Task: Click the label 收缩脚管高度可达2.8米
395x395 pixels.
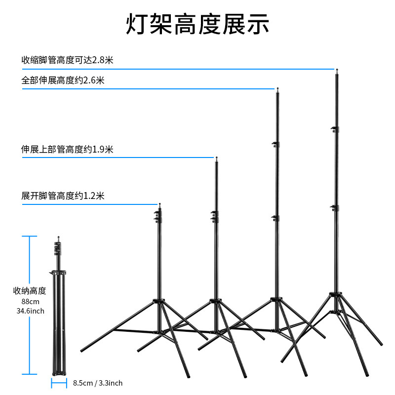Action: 68,60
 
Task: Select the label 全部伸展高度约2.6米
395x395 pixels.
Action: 63,80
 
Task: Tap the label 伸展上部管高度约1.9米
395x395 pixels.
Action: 68,149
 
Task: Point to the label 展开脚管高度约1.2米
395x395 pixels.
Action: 63,196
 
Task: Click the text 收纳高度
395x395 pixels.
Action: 30,290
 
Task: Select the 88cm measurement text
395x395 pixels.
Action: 30,301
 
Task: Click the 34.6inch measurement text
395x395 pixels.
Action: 30,311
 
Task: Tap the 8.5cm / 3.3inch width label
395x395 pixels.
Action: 98,383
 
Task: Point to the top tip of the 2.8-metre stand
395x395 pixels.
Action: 337,71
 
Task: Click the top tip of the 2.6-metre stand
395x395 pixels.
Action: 278,89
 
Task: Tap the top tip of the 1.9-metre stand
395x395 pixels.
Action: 216,158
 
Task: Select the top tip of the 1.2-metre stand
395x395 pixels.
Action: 159,203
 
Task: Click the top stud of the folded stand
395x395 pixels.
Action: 58,237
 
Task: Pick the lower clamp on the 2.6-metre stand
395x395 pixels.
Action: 276,218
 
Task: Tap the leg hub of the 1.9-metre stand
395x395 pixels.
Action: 215,301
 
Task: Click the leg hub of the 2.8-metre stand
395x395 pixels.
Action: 337,295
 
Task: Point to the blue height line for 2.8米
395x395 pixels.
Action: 178,69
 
